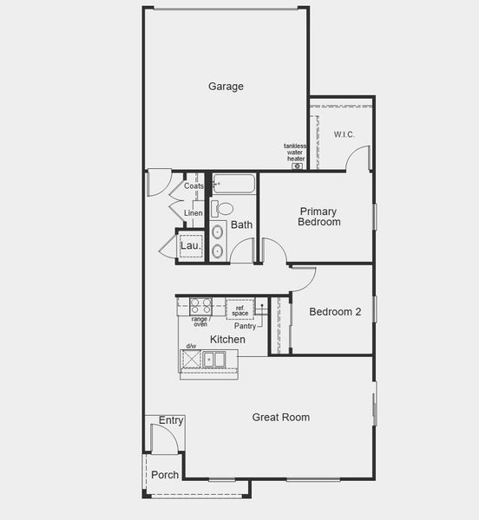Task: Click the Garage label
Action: pos(226,87)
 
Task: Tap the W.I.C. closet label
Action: pos(344,134)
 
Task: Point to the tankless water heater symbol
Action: pos(297,166)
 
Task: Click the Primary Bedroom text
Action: pos(318,217)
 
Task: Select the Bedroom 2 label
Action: pos(335,312)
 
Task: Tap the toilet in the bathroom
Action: pos(223,209)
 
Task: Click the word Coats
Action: pos(194,186)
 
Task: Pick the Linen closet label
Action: pos(193,213)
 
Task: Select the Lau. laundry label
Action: pos(190,246)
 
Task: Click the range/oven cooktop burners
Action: pos(200,306)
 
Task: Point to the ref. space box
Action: pos(240,309)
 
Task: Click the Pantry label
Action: pos(246,326)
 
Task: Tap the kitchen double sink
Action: pos(213,359)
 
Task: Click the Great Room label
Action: pos(280,418)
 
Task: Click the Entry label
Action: pos(171,421)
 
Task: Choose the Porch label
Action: pos(165,475)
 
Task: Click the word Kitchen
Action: pos(227,340)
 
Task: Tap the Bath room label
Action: pos(241,225)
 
